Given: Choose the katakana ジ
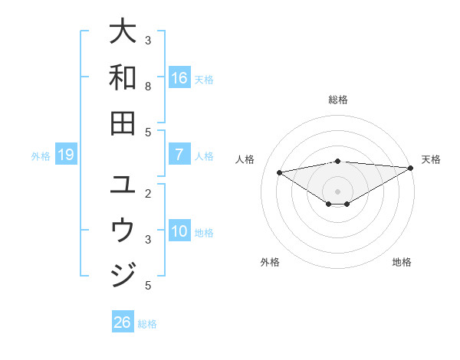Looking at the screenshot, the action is point(123,273).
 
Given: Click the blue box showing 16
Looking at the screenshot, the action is point(179,78).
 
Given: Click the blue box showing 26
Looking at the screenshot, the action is point(123,322).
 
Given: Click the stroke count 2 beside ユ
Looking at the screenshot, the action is point(148,194).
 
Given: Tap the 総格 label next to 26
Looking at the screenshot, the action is point(147,323).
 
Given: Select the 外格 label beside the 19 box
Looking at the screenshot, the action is point(41,156).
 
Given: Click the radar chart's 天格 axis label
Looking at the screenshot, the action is point(431,159).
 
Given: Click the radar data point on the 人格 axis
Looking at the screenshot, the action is point(279,172).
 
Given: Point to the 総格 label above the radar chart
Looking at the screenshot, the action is point(337,100).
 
